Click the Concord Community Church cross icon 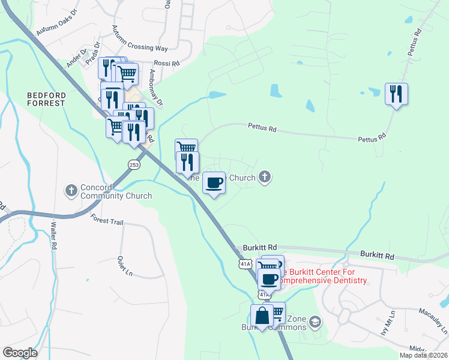(x=71, y=190)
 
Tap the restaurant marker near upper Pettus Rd (x=396, y=94)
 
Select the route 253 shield (x=134, y=164)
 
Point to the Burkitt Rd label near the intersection (x=260, y=247)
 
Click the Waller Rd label (x=53, y=235)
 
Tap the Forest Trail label (x=107, y=221)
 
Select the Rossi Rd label (x=167, y=63)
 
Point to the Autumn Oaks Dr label (x=57, y=22)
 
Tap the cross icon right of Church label (x=265, y=177)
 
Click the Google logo (x=20, y=353)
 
